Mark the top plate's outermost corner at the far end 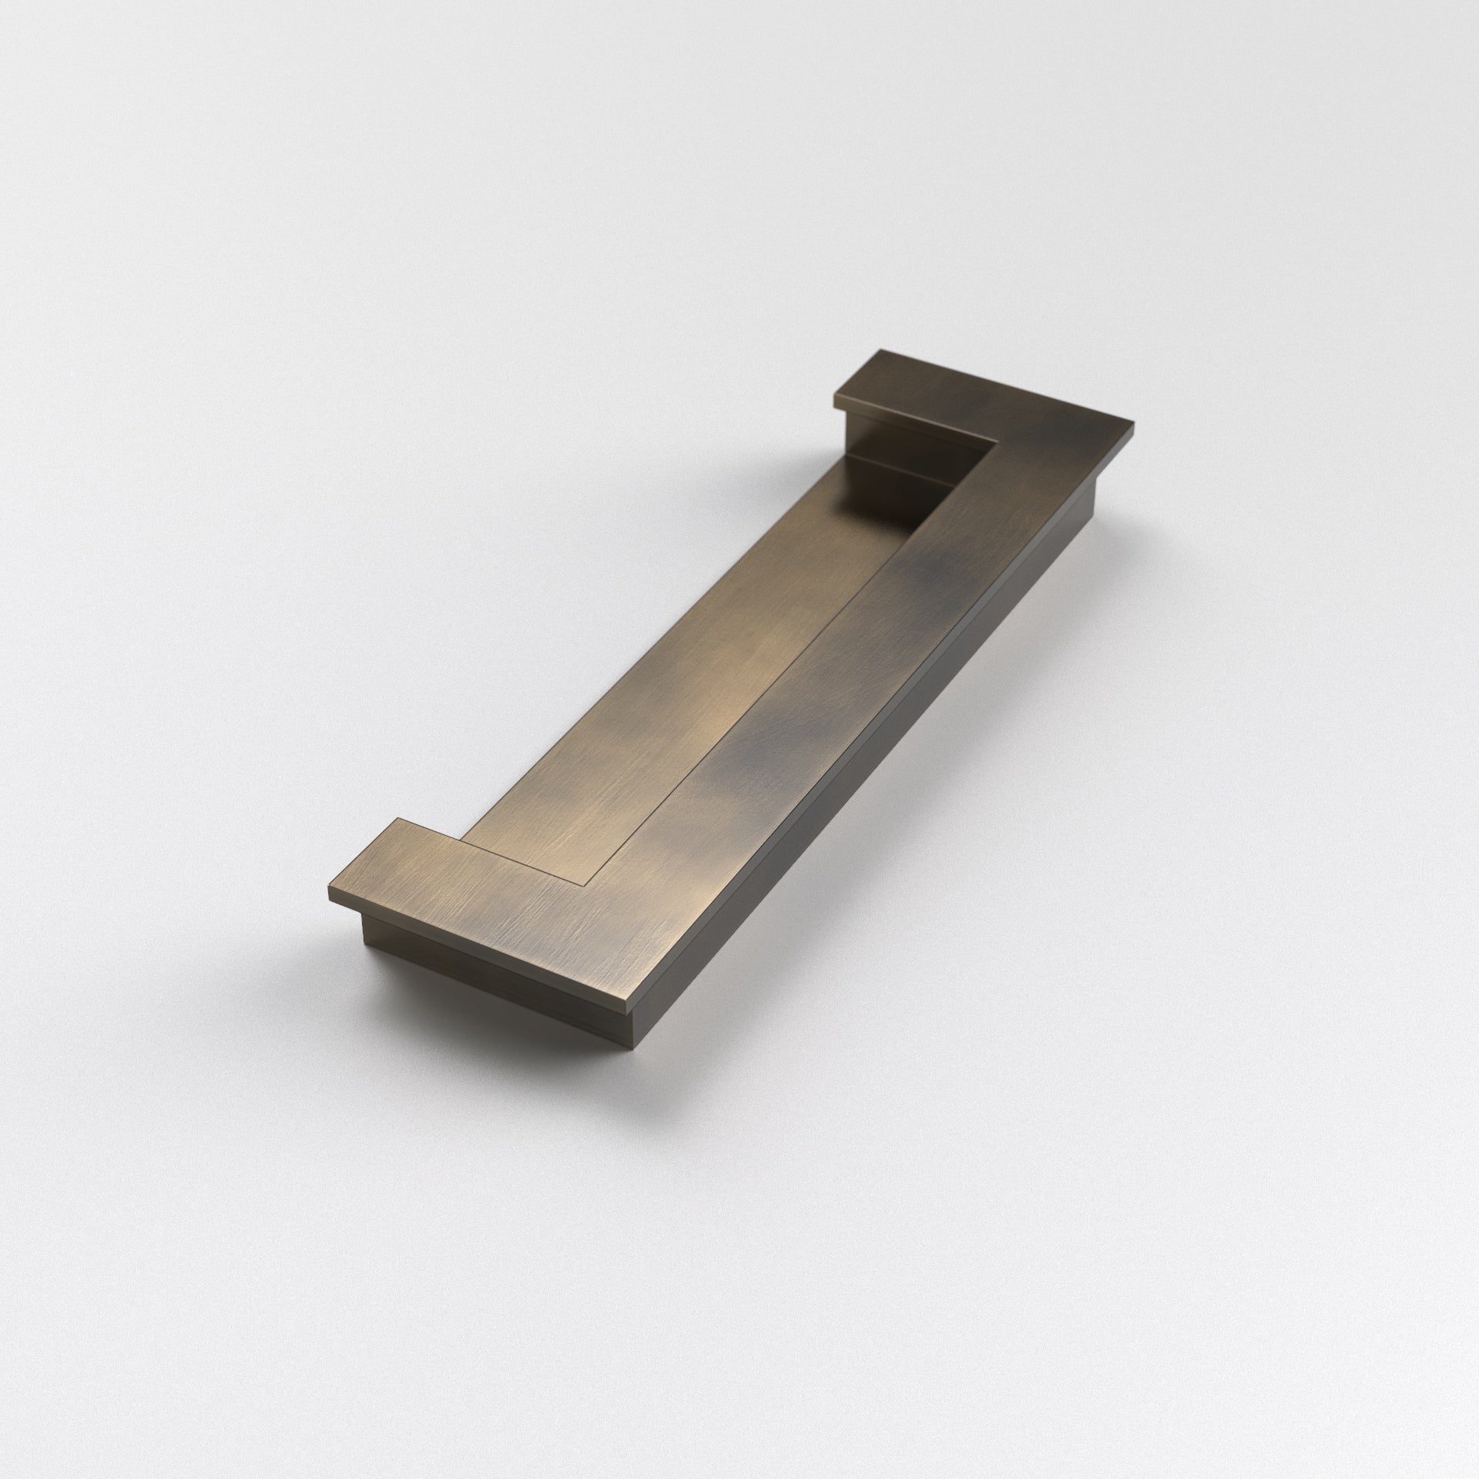(1134, 422)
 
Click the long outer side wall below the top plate (886, 770)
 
